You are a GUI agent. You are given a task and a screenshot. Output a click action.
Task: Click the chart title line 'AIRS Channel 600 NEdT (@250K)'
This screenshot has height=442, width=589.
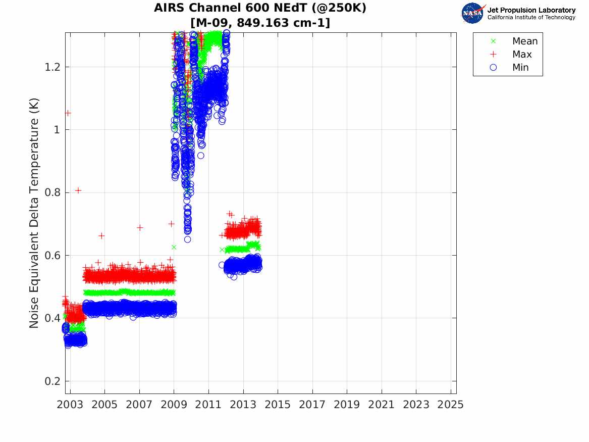click(260, 9)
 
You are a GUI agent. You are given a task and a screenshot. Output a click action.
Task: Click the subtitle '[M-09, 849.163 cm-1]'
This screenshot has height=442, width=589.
click(260, 23)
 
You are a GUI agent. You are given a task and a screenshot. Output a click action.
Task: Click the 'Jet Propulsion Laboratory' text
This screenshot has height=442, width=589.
click(531, 10)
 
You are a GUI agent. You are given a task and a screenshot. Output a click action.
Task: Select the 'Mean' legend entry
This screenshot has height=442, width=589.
click(524, 41)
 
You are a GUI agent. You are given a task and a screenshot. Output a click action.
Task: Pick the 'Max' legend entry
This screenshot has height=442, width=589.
click(521, 55)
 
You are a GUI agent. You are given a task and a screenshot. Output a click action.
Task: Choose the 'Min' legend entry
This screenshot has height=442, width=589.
click(520, 68)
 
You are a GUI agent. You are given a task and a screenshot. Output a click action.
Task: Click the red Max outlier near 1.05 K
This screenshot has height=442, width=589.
click(68, 113)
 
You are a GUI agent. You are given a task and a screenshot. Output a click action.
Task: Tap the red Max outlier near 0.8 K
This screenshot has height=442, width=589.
click(78, 190)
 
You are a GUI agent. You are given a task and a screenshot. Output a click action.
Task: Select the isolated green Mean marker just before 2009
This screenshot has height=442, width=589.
click(174, 247)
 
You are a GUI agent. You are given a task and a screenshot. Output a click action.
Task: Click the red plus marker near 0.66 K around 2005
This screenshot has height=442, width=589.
click(101, 235)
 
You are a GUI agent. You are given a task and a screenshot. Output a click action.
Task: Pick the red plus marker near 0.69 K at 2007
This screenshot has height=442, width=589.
click(140, 228)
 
